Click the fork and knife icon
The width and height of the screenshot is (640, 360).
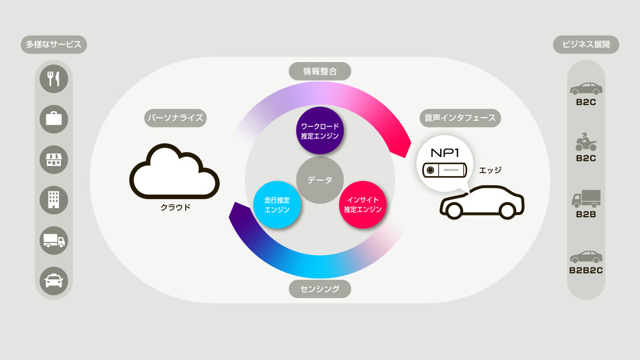pos(54,79)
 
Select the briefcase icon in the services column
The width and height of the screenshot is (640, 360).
pos(54,119)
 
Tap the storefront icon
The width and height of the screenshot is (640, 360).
pos(54,160)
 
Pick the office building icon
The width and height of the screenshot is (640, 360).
pos(54,200)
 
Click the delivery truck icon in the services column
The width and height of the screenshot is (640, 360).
pos(54,240)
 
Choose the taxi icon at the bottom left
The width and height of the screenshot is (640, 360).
pos(54,281)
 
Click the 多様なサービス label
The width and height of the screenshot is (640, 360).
pos(54,45)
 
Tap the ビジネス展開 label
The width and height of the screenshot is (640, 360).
pos(586,45)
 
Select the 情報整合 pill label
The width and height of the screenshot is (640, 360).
pos(319,72)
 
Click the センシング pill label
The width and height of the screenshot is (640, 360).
pos(319,289)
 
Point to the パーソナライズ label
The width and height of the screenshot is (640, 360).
pos(175,118)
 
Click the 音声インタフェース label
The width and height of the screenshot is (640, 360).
pos(460,118)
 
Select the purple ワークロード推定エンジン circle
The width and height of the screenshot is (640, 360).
pos(319,130)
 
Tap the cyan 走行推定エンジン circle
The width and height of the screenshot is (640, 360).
pos(277,204)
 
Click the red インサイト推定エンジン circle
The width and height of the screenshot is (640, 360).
pos(362,204)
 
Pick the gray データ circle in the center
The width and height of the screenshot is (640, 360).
pos(319,180)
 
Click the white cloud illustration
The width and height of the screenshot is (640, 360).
pos(174,172)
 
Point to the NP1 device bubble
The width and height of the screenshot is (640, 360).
pos(445,163)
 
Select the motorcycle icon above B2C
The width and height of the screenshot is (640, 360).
pos(586,142)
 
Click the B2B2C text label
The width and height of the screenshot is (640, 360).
pos(586,270)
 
